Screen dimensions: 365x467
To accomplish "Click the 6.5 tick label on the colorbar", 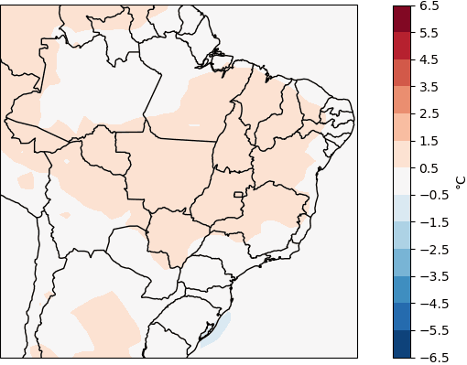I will pyautogui.click(x=429, y=5).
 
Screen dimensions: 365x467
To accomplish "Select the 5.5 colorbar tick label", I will pyautogui.click(x=429, y=33).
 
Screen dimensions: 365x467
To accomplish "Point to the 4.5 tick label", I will pyautogui.click(x=429, y=59).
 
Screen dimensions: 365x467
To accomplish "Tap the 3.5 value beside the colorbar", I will pyautogui.click(x=429, y=87).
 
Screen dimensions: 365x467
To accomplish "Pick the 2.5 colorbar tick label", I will pyautogui.click(x=429, y=113).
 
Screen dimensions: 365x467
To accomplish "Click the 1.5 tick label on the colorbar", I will pyautogui.click(x=429, y=141).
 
